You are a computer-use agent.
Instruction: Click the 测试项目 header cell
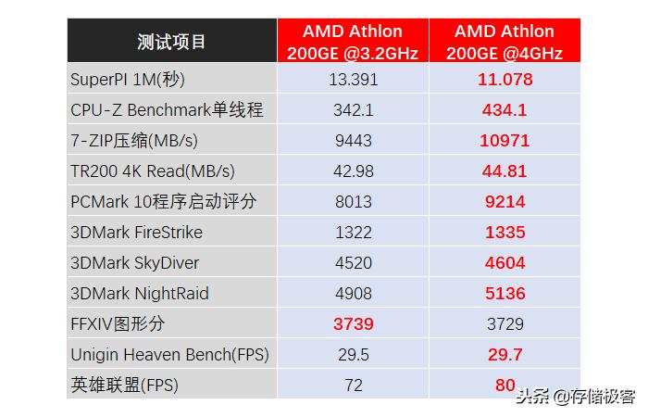171,42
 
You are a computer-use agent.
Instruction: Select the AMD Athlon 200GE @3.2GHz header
352,42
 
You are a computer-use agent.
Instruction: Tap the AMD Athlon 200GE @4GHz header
505,42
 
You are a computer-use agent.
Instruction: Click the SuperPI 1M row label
128,79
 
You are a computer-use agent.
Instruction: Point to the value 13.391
352,79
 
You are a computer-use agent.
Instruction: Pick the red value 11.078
505,79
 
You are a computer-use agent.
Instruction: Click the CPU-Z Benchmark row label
167,109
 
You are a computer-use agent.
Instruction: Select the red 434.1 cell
505,109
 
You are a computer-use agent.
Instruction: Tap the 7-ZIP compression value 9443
352,140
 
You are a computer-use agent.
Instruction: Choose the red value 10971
505,140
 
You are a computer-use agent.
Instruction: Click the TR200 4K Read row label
153,171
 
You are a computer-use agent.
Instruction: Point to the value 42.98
352,171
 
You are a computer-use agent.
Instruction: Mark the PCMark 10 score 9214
505,201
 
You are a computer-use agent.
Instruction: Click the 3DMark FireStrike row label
136,232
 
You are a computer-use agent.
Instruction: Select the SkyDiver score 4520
352,262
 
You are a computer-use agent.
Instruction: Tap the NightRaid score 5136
505,293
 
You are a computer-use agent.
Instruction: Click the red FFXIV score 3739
352,323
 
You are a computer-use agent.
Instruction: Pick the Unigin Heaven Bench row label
169,354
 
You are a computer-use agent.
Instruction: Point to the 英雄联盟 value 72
352,385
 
